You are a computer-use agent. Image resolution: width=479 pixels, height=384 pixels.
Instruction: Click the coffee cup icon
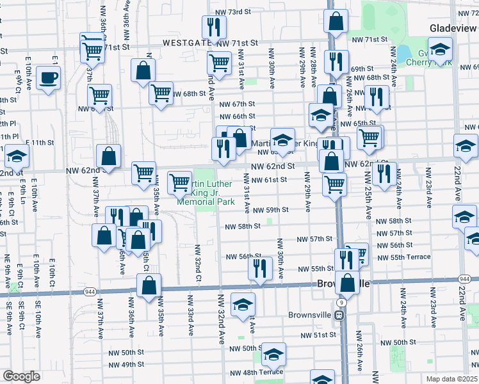point(48,78)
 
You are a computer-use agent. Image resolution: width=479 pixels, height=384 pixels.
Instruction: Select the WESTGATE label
point(187,42)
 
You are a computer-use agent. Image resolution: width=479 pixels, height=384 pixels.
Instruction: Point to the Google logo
point(21,376)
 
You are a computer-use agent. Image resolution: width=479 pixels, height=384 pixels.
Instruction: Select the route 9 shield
point(343,301)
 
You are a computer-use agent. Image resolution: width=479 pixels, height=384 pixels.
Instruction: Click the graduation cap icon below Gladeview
point(440,49)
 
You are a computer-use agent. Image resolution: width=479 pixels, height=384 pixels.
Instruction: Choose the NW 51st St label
point(320,335)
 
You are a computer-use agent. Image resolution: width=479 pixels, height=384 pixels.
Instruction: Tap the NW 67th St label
point(237,104)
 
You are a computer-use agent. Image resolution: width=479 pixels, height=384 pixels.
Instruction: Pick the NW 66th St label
point(237,116)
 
